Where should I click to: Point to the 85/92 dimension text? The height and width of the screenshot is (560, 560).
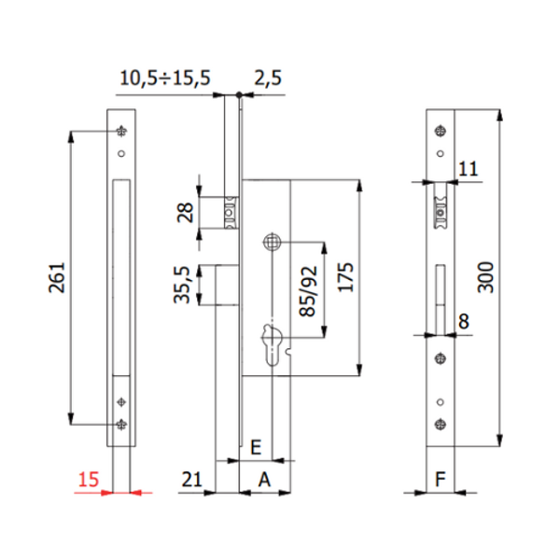305,291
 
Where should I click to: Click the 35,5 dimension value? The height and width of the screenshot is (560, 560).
184,284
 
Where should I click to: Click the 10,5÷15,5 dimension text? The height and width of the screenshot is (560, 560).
164,79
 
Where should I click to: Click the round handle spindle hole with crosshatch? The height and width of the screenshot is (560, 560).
273,240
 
